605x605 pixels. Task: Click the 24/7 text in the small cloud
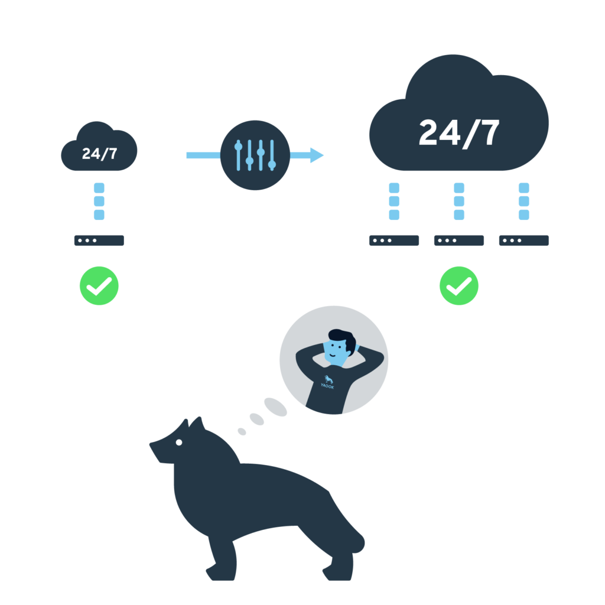point(99,154)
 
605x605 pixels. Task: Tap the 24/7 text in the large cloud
point(459,133)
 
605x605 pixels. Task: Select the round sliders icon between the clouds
point(255,155)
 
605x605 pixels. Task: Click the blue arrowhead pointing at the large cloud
point(317,155)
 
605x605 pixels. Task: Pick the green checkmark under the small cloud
point(99,285)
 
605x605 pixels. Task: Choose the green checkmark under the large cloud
point(459,285)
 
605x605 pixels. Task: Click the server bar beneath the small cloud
point(99,240)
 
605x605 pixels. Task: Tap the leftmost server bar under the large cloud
point(394,240)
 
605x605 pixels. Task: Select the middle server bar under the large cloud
point(459,240)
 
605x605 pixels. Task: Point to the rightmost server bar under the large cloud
point(524,240)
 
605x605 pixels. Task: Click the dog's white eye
point(179,443)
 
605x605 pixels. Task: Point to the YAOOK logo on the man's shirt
point(327,382)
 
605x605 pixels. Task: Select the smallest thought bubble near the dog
point(242,431)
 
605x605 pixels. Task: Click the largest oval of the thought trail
point(275,407)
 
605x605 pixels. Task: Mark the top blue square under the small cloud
point(99,188)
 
